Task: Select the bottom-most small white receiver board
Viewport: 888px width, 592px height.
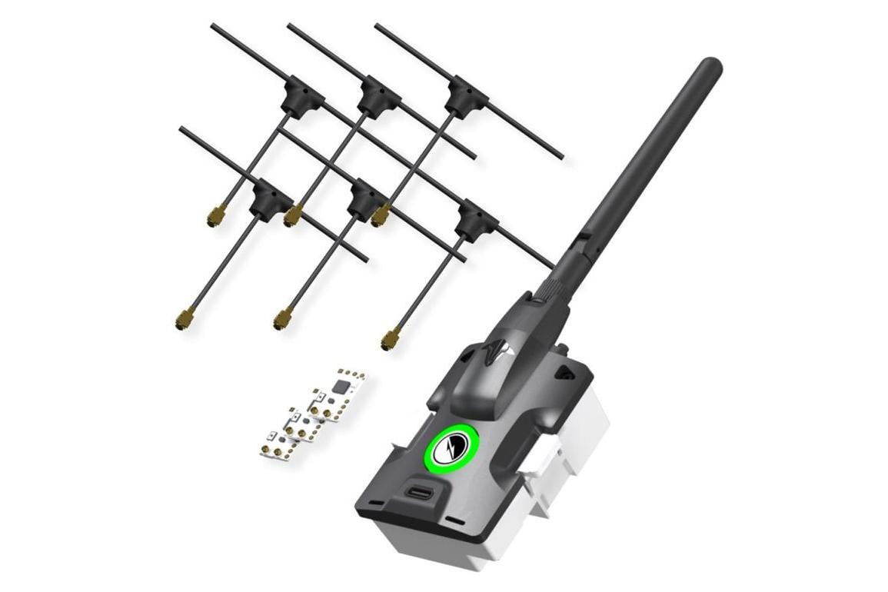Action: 277,448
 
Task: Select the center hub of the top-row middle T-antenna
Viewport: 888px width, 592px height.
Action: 378,96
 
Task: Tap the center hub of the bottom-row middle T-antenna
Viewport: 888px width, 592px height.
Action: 364,201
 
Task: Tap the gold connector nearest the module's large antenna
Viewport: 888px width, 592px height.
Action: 391,338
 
